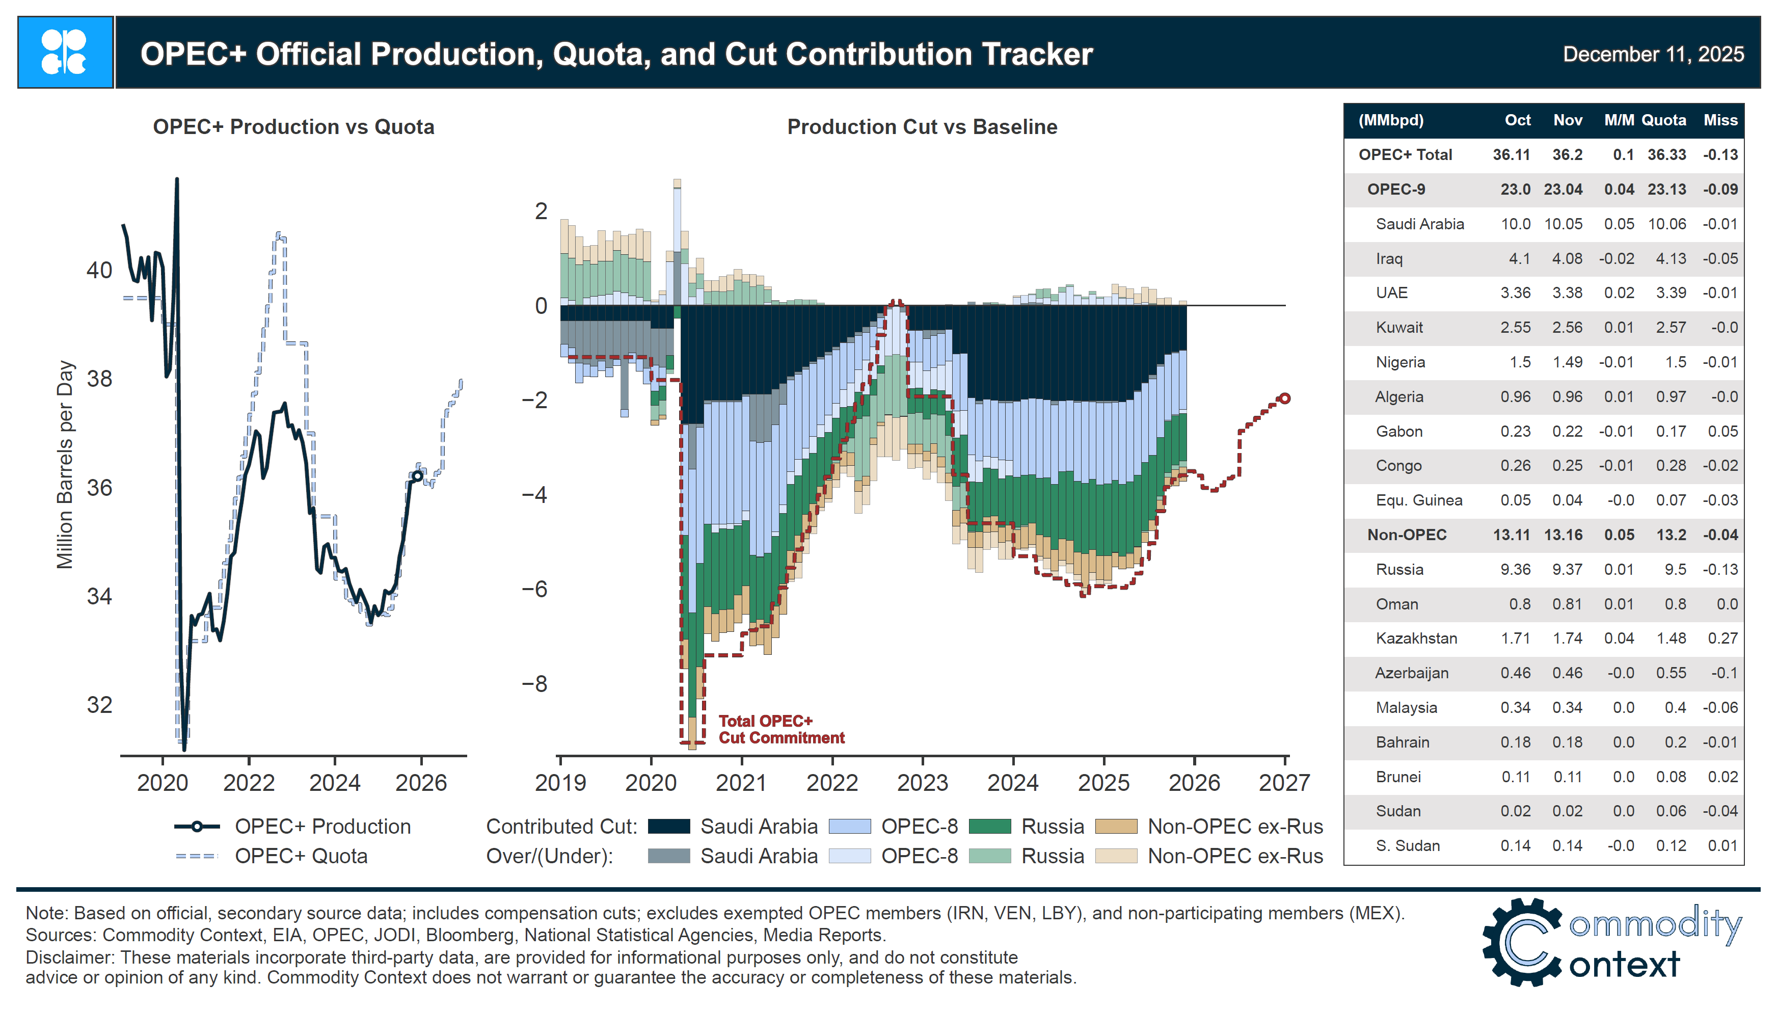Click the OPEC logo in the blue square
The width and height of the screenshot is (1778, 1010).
[x=65, y=52]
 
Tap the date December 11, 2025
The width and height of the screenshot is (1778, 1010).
[x=1653, y=54]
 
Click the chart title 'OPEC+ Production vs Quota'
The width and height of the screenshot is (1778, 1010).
[x=293, y=127]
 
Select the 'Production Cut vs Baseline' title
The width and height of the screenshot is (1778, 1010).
[x=922, y=127]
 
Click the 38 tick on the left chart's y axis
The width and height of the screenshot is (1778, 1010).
[x=99, y=379]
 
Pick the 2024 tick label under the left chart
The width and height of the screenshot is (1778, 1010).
[x=334, y=783]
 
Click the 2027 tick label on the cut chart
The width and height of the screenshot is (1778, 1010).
[x=1283, y=783]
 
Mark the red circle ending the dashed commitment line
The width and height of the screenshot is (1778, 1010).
[x=1284, y=398]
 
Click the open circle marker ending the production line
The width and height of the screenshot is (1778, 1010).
[x=417, y=476]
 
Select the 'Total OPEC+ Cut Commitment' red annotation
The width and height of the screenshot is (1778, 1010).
[x=781, y=729]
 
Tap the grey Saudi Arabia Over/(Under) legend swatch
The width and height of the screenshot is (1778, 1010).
[x=668, y=856]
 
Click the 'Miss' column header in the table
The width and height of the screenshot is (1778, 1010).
[x=1720, y=120]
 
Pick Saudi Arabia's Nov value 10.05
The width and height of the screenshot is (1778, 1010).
[x=1563, y=224]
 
